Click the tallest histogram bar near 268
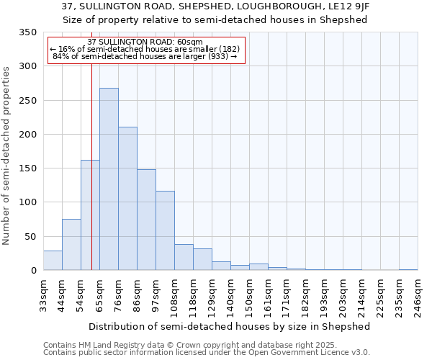tap(109, 179)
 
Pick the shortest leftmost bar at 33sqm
tap(53, 261)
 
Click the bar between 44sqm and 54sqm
tap(71, 245)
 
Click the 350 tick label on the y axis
tap(27, 32)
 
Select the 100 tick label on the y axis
tap(27, 202)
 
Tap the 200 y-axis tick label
tap(27, 135)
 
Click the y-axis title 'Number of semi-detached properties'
tap(7, 156)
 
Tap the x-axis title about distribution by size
tap(230, 326)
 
